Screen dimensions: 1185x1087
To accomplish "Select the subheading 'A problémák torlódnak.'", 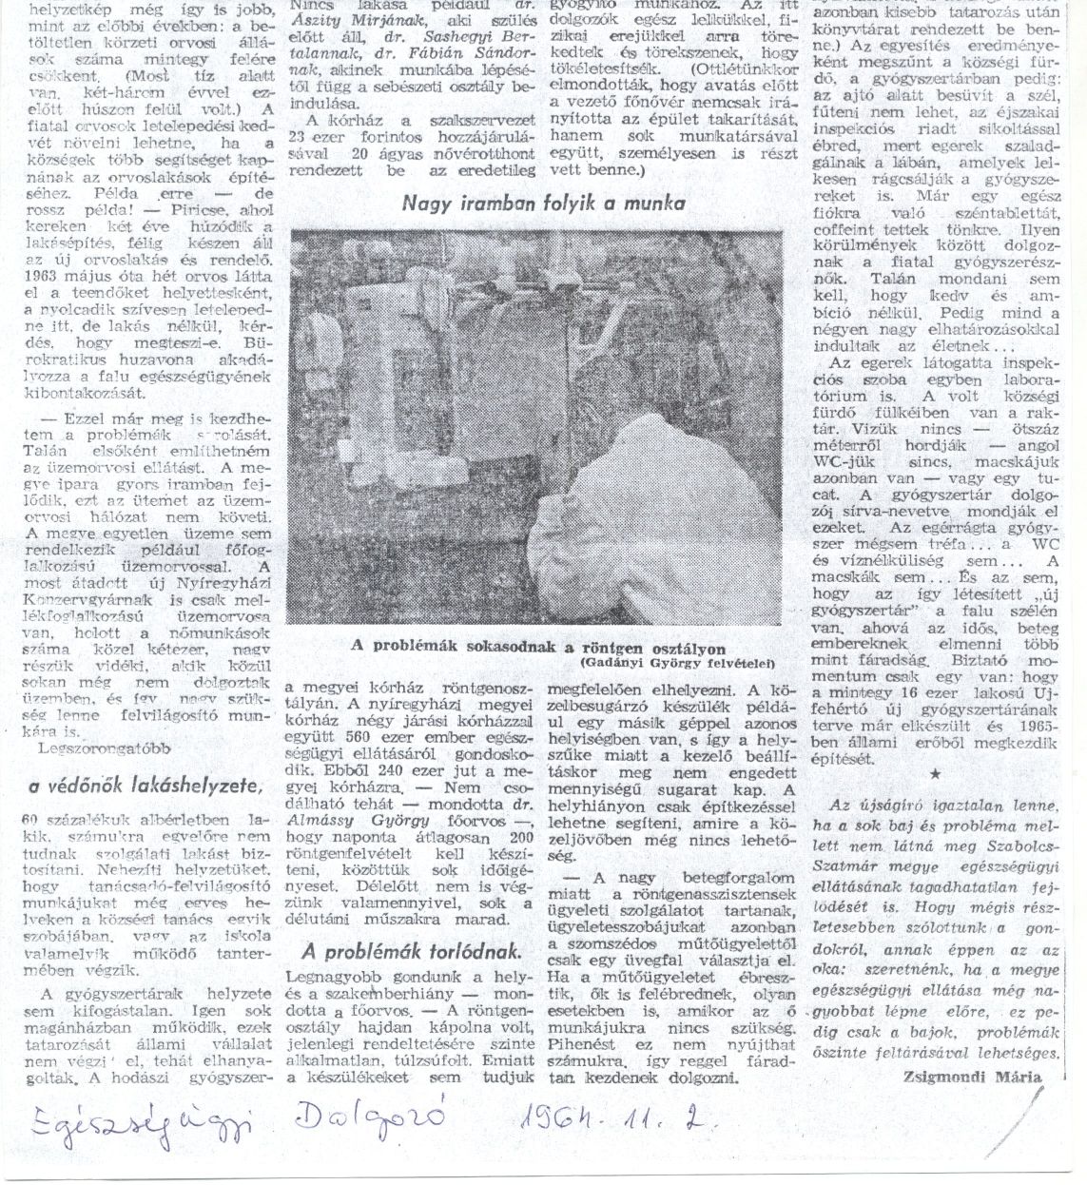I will point(411,950).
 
